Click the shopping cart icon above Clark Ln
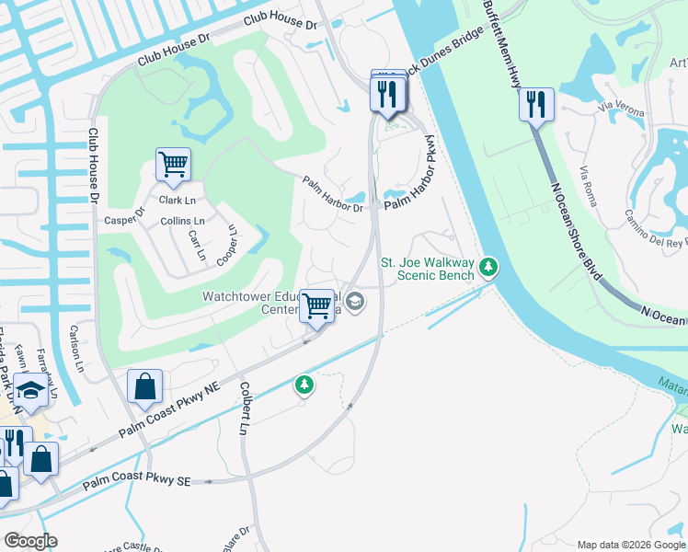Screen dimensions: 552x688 pos(173,166)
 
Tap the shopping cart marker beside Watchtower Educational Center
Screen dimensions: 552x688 pos(317,305)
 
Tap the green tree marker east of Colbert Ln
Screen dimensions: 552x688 pos(304,385)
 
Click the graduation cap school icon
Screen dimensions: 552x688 pos(30,391)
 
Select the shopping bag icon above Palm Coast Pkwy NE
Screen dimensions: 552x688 pos(145,386)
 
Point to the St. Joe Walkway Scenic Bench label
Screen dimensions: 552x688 pos(428,268)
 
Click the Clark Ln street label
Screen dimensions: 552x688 pos(178,200)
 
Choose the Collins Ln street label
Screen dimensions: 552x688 pos(182,221)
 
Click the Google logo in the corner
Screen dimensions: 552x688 pos(29,540)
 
